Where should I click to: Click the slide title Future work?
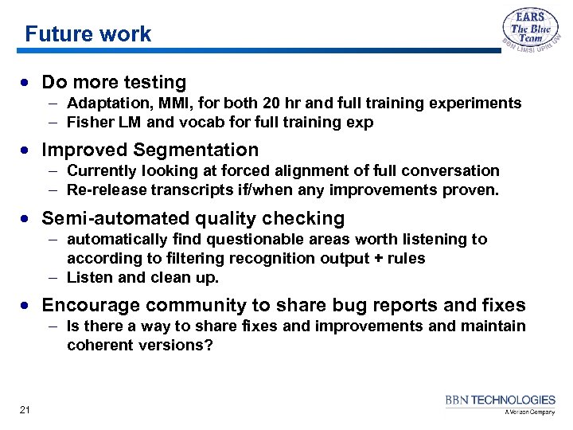click(88, 34)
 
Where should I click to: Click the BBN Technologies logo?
click(501, 404)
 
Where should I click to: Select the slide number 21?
click(25, 409)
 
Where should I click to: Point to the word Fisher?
click(90, 123)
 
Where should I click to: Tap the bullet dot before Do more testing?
click(28, 83)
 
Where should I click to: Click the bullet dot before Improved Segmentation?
click(28, 150)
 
